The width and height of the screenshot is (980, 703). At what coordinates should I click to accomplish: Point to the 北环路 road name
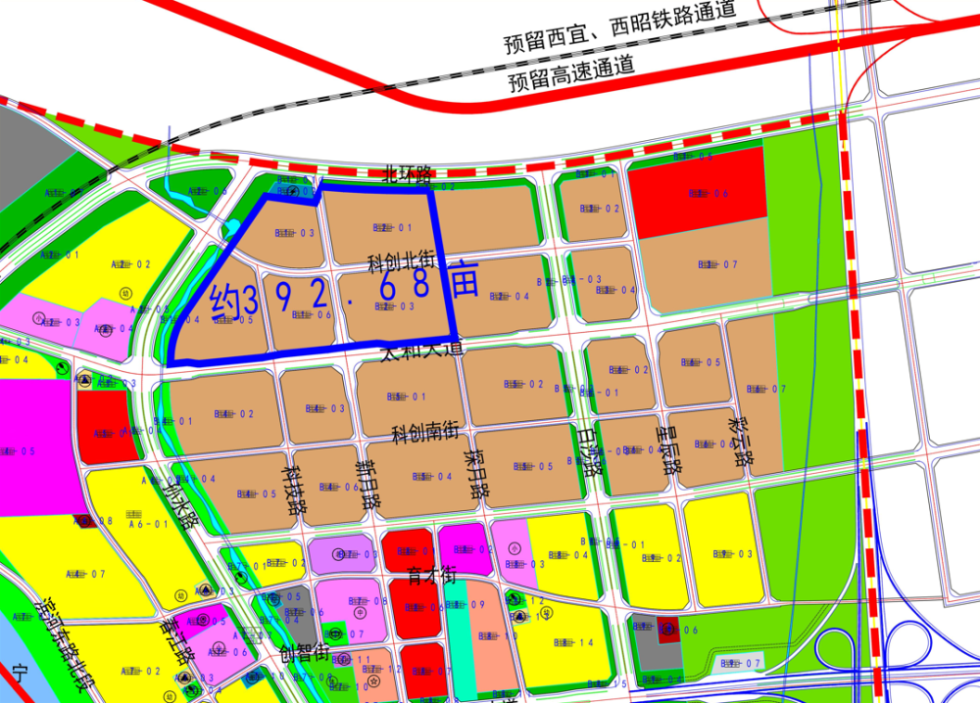(x=408, y=175)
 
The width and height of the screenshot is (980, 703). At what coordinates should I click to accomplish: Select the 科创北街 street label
(x=401, y=261)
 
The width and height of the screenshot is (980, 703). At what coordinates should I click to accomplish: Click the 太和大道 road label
(x=420, y=349)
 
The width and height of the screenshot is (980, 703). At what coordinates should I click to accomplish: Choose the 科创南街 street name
(x=425, y=432)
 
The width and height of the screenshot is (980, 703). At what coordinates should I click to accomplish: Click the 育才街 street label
(x=433, y=574)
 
